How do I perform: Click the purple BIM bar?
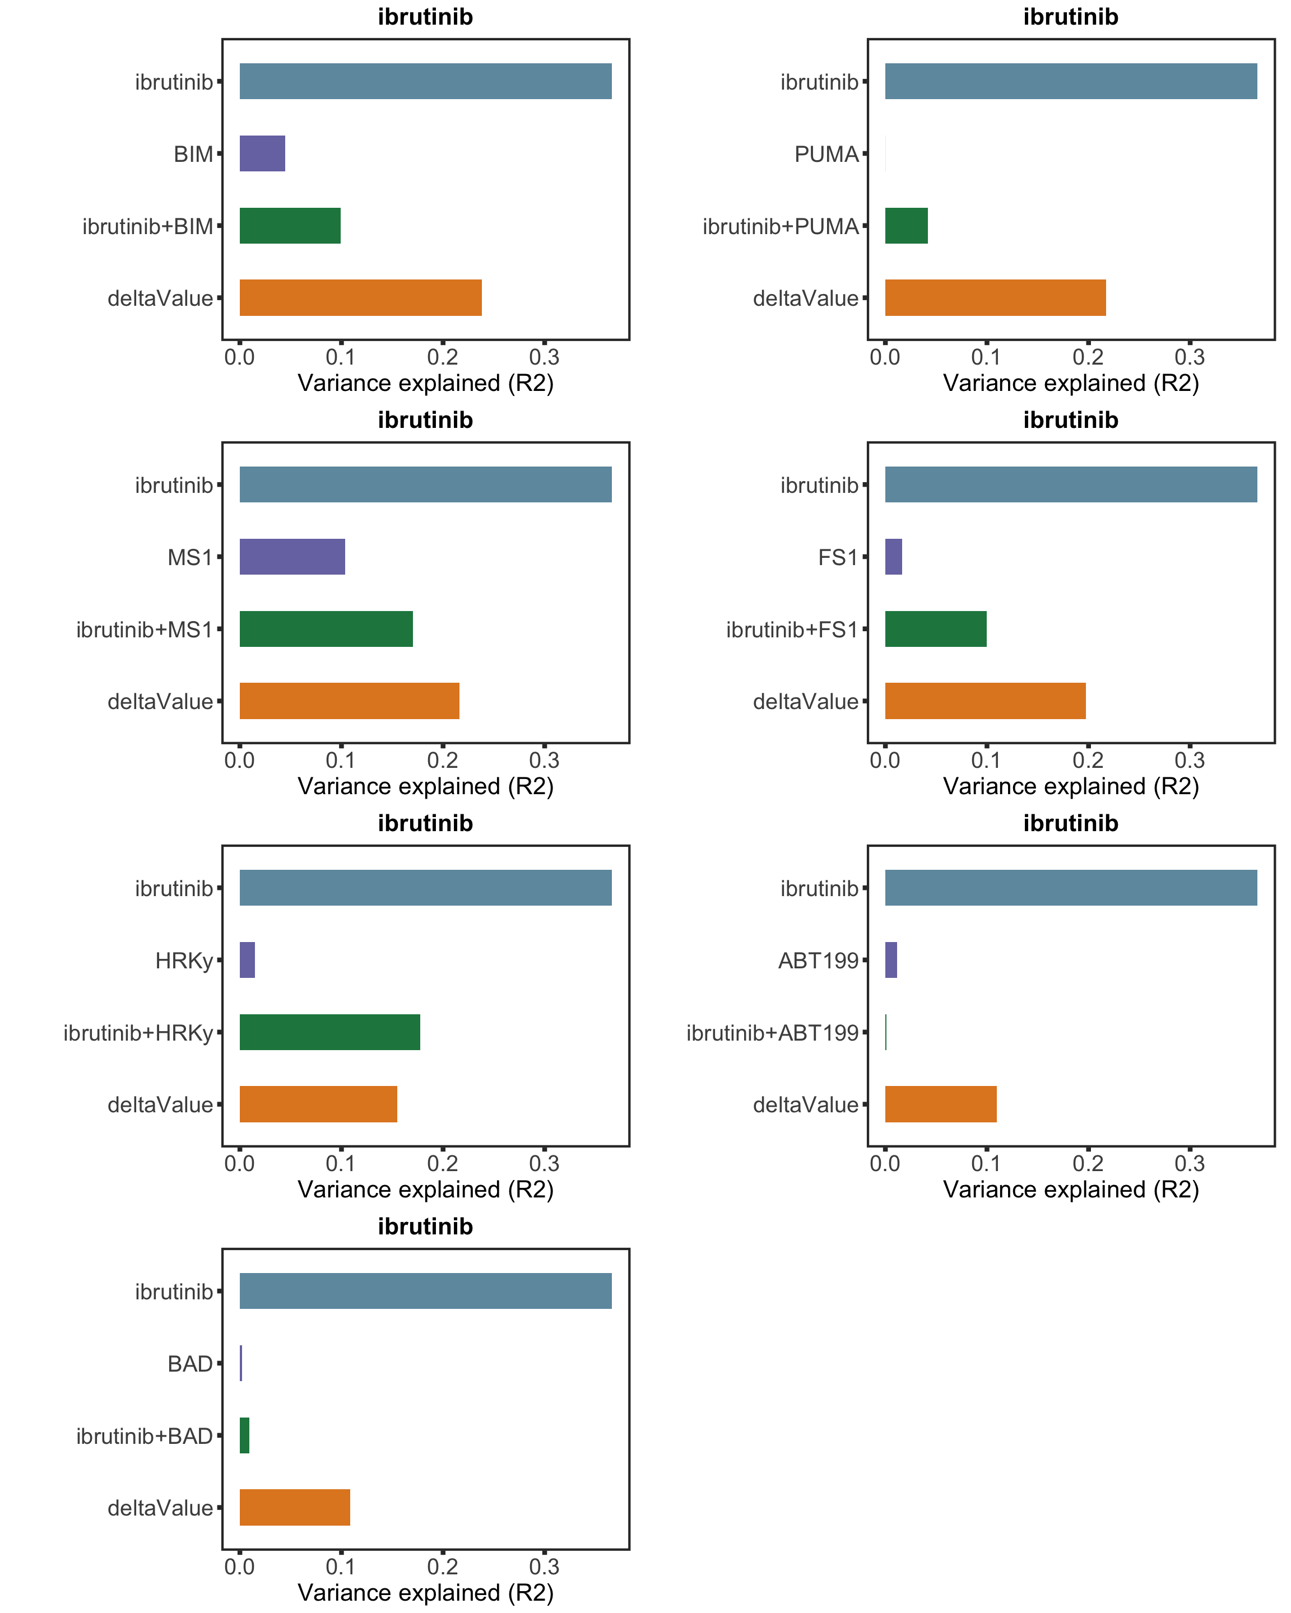[262, 153]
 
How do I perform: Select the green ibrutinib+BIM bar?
[290, 225]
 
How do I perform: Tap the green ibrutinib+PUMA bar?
[905, 225]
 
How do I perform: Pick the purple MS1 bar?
[292, 557]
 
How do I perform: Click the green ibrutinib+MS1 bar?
[326, 628]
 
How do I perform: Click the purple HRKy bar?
[247, 959]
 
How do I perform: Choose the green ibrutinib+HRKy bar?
[329, 1032]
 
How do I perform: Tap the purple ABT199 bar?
[890, 959]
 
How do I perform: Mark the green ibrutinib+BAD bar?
[244, 1435]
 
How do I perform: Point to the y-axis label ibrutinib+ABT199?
[772, 1032]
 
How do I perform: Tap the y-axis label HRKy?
[184, 960]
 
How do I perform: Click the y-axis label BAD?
[190, 1363]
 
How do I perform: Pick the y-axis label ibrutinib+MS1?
[145, 629]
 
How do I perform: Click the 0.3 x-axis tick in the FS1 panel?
[1189, 760]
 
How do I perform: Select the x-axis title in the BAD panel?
[425, 1592]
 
